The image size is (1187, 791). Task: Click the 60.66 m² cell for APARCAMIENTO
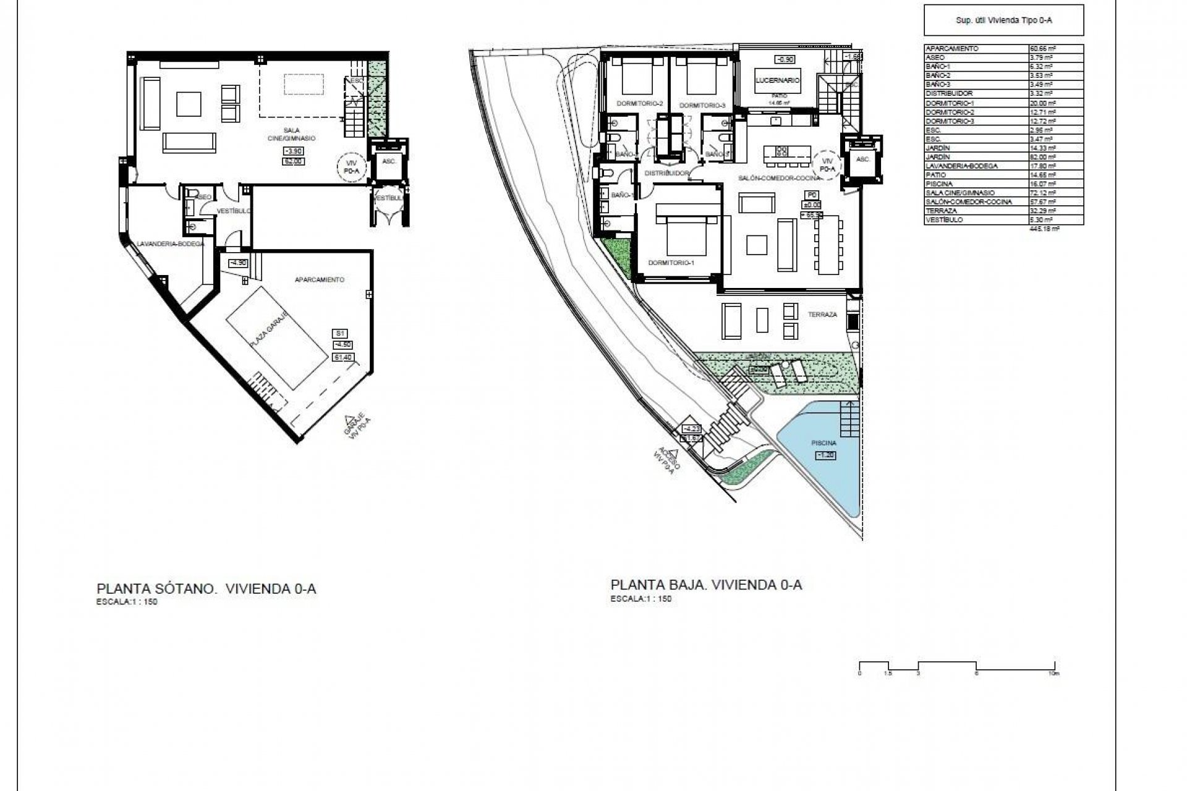click(1039, 48)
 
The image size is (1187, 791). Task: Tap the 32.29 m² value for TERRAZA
click(1039, 211)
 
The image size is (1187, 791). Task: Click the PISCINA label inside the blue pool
click(824, 443)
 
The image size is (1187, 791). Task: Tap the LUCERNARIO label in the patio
click(778, 80)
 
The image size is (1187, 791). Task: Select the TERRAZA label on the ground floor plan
click(822, 315)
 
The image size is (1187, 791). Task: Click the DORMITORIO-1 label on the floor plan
click(671, 263)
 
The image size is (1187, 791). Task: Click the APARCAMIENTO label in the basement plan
click(319, 280)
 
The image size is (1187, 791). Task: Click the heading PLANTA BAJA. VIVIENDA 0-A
click(706, 585)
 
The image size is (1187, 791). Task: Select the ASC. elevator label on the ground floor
click(863, 159)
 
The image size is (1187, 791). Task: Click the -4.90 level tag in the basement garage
click(238, 263)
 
